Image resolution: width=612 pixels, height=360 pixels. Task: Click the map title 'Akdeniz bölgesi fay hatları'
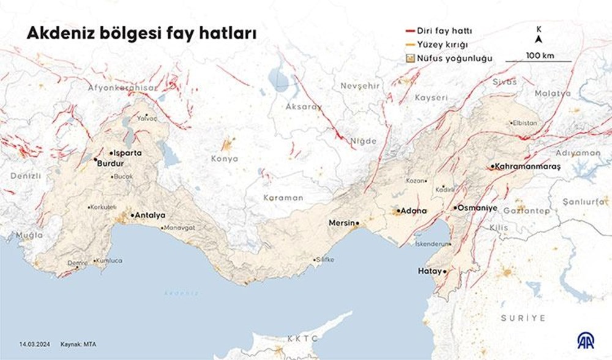pyautogui.click(x=141, y=34)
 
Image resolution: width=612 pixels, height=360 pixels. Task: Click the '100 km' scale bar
pyautogui.click(x=539, y=57)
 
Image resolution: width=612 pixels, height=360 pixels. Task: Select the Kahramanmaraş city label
pyautogui.click(x=522, y=167)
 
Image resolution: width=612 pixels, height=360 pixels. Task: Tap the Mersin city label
pyautogui.click(x=342, y=223)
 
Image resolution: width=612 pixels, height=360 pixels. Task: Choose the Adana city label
pyautogui.click(x=414, y=211)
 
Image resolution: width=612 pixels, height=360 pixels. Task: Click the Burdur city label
pyautogui.click(x=111, y=164)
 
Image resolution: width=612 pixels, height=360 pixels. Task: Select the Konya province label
pyautogui.click(x=224, y=159)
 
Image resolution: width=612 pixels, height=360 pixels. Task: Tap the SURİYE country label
pyautogui.click(x=523, y=318)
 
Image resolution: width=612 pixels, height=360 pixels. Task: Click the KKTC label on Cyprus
pyautogui.click(x=302, y=338)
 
